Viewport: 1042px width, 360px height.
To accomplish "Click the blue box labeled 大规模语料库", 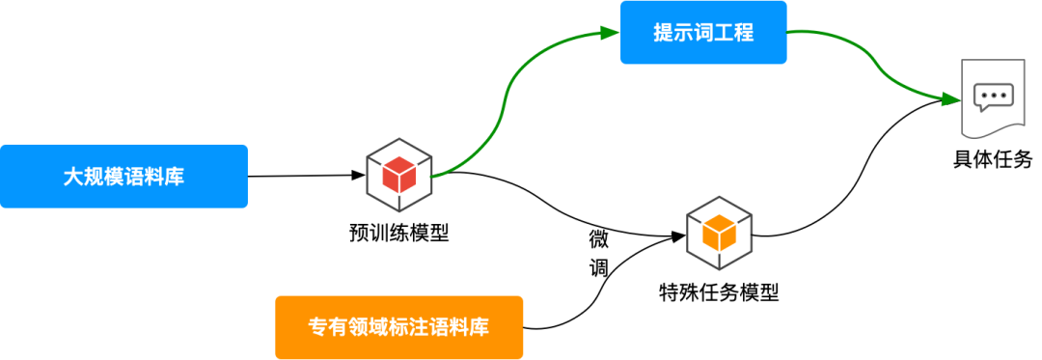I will (x=123, y=177).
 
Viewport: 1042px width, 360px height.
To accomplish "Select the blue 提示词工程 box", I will (x=702, y=33).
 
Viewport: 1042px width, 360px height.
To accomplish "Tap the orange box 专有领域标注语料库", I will (x=398, y=327).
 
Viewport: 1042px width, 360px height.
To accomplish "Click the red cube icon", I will (x=398, y=175).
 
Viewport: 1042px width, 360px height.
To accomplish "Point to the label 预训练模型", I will (x=398, y=233).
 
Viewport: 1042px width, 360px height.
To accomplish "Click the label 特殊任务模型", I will (x=719, y=292).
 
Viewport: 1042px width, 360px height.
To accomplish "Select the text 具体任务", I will (x=993, y=159).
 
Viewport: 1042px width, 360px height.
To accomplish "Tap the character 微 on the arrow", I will (x=599, y=238).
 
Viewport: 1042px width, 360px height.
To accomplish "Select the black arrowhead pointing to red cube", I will (x=356, y=176).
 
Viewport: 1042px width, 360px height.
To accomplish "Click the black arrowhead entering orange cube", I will (x=678, y=235).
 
